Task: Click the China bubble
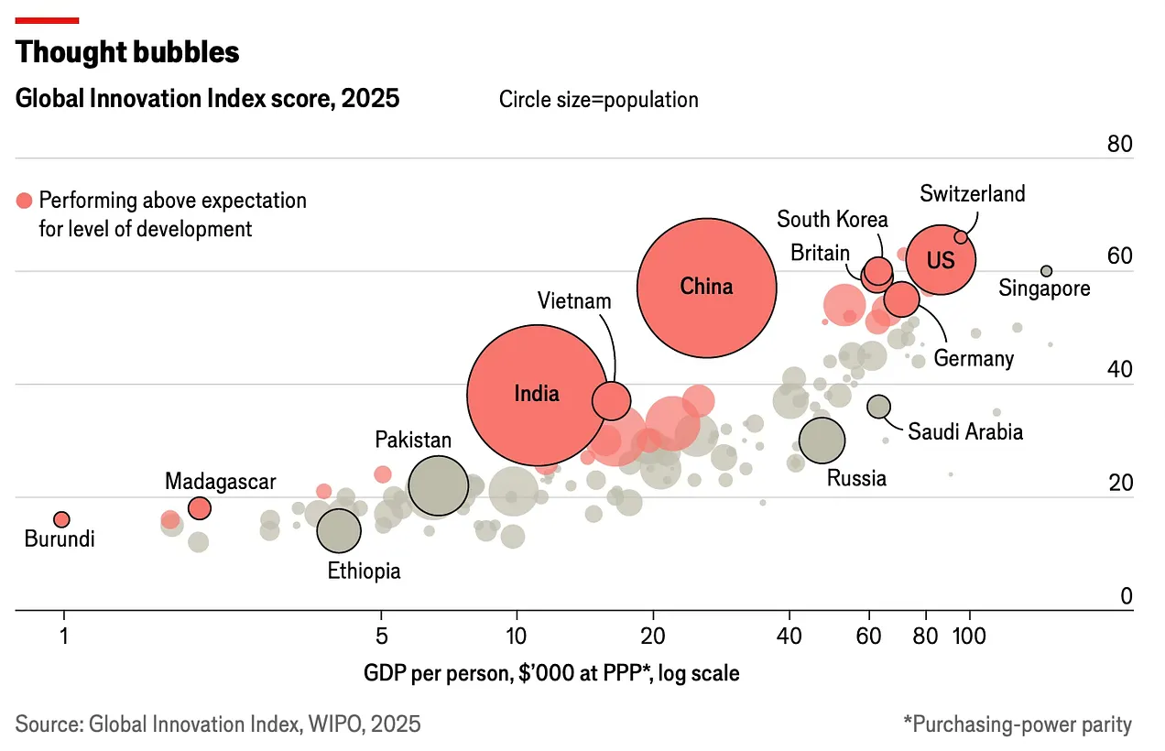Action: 706,288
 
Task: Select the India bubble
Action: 537,395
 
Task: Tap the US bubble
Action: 941,260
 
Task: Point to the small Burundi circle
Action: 61,519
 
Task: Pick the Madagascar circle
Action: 199,508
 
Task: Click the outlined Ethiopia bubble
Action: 339,529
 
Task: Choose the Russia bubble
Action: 822,441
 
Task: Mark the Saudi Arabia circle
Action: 878,407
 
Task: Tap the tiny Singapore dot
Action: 1046,271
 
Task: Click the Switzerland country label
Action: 973,194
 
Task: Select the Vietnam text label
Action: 574,300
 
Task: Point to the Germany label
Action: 974,358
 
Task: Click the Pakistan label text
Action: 413,440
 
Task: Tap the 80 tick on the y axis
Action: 1119,145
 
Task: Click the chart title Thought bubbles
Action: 127,53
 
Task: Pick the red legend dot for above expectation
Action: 24,201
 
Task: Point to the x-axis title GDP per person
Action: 551,674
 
